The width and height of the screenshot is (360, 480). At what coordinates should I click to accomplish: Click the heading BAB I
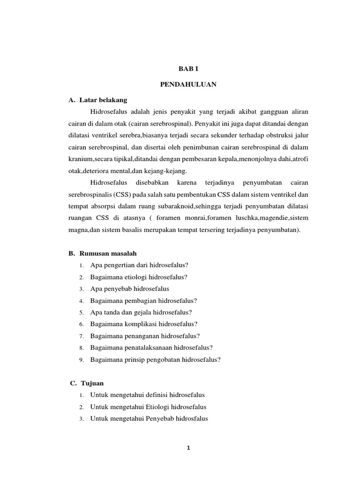click(187, 68)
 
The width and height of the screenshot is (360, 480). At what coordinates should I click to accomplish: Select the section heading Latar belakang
click(103, 100)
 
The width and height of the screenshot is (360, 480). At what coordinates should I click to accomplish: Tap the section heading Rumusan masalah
click(108, 253)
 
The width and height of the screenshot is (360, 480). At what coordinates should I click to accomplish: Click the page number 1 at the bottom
click(187, 448)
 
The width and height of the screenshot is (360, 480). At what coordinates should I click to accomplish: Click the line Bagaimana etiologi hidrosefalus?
click(139, 277)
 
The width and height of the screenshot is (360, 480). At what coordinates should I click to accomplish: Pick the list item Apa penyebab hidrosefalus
click(130, 288)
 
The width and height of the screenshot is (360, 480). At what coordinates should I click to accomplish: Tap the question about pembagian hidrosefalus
click(144, 300)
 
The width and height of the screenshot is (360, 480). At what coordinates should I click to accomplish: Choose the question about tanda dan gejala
click(141, 312)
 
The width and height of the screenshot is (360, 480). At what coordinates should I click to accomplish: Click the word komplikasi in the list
click(140, 324)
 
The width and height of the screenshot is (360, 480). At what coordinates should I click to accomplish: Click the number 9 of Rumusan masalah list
click(81, 360)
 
